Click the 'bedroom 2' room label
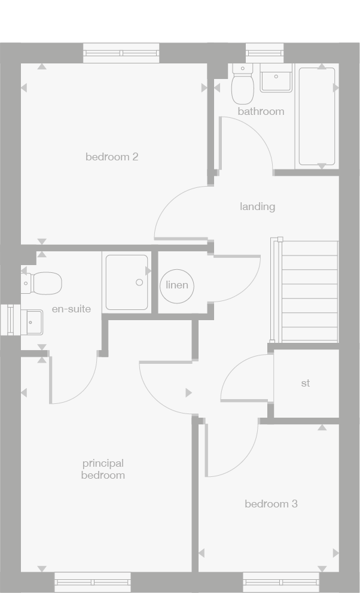pos(112,157)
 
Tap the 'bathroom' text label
pos(261,111)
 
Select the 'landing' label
pos(257,206)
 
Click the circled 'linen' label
pos(177,285)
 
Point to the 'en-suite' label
pos(71,309)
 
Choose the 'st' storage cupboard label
pos(306,383)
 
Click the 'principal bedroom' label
pos(103,469)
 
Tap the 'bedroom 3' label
pos(271,504)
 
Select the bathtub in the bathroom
pos(317,116)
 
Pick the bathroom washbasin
pos(276,80)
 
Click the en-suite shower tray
pos(127,282)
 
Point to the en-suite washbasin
pos(32,321)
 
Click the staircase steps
pos(309,291)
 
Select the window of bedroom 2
pos(121,53)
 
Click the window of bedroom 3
pos(281,582)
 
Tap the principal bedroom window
pos(93,582)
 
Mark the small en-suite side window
pos(10,320)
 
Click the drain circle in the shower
pos(139,282)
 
